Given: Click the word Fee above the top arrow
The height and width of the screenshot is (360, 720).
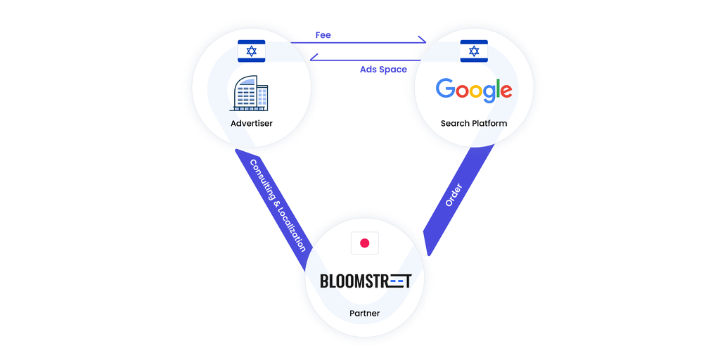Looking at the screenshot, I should tap(323, 35).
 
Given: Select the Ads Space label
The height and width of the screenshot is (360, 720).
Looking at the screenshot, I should tap(383, 70).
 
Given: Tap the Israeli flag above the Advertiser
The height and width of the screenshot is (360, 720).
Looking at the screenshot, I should tap(252, 51).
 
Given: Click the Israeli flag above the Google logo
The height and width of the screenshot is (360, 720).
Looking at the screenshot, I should tap(474, 51).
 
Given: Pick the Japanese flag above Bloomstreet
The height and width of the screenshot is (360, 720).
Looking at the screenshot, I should tap(364, 243).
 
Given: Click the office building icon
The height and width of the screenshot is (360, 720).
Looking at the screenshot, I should tap(250, 94).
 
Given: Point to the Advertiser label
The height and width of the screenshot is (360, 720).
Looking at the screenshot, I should tap(251, 124).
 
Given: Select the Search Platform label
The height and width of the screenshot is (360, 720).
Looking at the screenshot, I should tap(474, 124).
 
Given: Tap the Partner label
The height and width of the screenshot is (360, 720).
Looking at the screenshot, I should tap(364, 313).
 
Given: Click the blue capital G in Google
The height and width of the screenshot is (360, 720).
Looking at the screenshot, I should tap(445, 89).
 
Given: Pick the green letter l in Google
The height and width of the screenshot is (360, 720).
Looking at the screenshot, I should tap(495, 89).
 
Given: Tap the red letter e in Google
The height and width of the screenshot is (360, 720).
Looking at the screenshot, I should tap(504, 91).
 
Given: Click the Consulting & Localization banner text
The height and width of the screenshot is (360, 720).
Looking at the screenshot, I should tap(278, 205).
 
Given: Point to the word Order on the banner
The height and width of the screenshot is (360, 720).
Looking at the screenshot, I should tap(454, 195).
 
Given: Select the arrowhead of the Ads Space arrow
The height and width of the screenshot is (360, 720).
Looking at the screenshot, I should tap(314, 60).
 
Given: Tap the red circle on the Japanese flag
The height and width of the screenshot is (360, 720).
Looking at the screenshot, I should tap(364, 243).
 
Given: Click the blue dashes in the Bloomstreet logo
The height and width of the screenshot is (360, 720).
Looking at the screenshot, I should tap(398, 281).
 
